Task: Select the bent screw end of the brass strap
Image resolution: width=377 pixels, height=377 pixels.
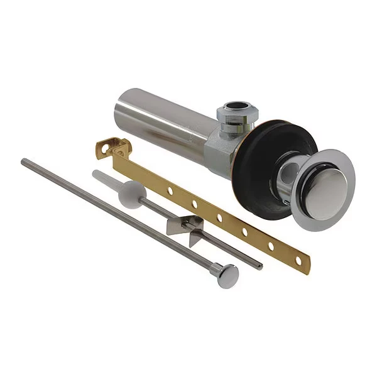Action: click(x=118, y=148)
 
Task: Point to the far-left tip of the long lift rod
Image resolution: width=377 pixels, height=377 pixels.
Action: click(x=23, y=161)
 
